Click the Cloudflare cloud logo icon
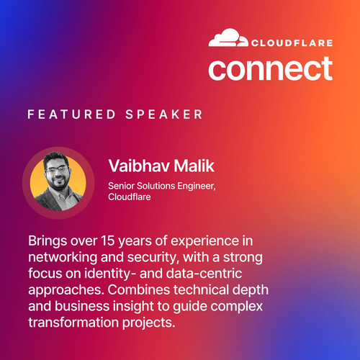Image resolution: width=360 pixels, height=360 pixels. point(228,37)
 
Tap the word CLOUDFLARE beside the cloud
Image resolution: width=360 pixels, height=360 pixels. point(292,43)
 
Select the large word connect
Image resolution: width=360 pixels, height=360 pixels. point(270,68)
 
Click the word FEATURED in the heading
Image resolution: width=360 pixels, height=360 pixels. point(71,114)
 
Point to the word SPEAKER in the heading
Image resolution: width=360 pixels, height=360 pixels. point(164,114)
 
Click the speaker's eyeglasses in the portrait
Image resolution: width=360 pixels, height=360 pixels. point(57,170)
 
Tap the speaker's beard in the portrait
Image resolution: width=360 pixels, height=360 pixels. point(58,182)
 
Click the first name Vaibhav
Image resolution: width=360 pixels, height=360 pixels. point(139,166)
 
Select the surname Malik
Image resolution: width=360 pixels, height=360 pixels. point(194,166)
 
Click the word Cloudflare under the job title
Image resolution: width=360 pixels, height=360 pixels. point(130,197)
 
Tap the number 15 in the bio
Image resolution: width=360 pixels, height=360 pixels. point(108,240)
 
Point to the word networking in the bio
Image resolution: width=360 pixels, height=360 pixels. point(63,258)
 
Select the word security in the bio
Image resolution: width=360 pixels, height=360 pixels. point(153,258)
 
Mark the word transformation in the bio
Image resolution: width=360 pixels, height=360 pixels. point(73,323)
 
